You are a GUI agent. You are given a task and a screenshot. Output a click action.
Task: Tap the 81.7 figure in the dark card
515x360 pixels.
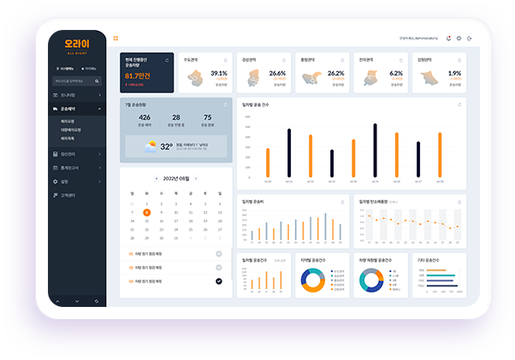(x=137, y=76)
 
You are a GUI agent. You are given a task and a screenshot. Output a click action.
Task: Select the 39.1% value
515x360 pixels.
(x=219, y=74)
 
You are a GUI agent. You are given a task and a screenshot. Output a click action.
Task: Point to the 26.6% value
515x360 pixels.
(x=277, y=74)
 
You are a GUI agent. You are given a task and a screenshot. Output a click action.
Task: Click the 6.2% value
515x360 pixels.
(x=396, y=74)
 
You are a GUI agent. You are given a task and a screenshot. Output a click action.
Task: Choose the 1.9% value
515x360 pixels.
(x=454, y=74)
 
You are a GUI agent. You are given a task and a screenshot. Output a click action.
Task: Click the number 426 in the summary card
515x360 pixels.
(x=145, y=117)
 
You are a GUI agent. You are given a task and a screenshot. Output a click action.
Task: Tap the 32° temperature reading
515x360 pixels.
(x=167, y=146)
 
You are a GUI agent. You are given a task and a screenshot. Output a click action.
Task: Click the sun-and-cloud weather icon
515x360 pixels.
(x=150, y=146)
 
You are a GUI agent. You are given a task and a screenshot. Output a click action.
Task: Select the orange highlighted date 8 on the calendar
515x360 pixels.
(x=147, y=212)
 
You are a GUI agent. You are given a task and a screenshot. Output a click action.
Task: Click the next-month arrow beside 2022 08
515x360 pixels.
(x=196, y=179)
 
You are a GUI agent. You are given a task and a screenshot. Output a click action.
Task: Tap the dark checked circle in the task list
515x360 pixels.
(x=219, y=280)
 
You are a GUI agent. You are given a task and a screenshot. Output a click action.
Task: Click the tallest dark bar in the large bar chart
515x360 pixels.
(x=375, y=151)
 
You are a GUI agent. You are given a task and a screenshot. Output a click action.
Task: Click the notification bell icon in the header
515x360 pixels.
(x=448, y=38)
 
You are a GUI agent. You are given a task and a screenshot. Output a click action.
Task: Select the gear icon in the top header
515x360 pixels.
(x=459, y=38)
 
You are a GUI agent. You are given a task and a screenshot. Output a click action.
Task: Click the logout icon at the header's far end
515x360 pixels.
(x=469, y=38)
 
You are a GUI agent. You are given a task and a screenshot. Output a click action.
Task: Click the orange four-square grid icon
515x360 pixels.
(x=115, y=38)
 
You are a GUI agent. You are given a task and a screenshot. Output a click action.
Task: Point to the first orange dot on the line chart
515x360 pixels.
(x=370, y=216)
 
